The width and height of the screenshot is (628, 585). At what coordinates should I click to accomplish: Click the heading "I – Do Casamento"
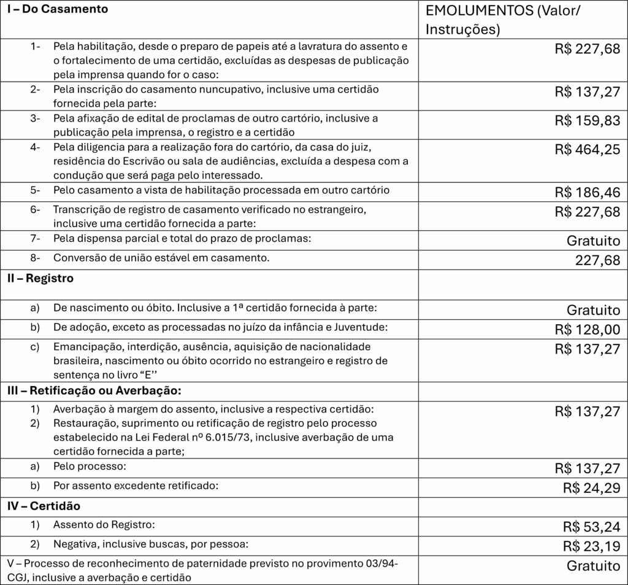(x=56, y=10)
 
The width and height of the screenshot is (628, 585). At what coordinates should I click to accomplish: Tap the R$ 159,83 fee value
(x=588, y=120)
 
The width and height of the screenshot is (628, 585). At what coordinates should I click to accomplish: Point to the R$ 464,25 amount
(x=588, y=149)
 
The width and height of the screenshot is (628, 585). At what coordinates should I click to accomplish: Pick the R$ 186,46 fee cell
(x=588, y=192)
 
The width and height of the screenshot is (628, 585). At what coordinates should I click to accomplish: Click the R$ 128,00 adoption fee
(x=588, y=330)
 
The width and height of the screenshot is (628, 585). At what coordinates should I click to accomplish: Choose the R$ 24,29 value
(x=591, y=488)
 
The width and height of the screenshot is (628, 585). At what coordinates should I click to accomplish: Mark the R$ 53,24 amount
(x=591, y=527)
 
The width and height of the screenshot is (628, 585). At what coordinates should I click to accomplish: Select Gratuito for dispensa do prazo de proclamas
(x=593, y=241)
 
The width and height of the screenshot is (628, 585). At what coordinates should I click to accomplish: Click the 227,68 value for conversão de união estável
(x=597, y=260)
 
